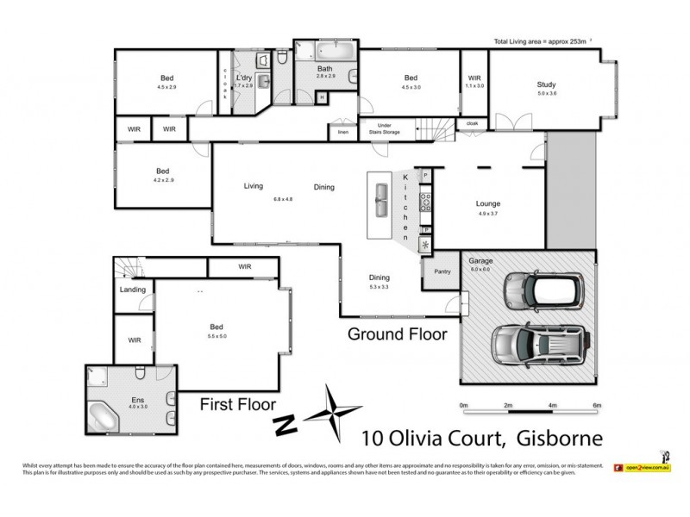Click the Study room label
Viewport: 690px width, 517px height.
pyautogui.click(x=545, y=84)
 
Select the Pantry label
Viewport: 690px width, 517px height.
pyautogui.click(x=442, y=271)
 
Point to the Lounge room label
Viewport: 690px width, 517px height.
pyautogui.click(x=488, y=203)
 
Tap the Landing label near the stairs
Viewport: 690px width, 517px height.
pyautogui.click(x=133, y=290)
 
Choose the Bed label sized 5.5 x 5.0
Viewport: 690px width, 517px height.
pyautogui.click(x=216, y=327)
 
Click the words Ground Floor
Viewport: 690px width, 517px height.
pyautogui.click(x=397, y=334)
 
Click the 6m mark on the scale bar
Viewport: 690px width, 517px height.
pyautogui.click(x=596, y=405)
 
